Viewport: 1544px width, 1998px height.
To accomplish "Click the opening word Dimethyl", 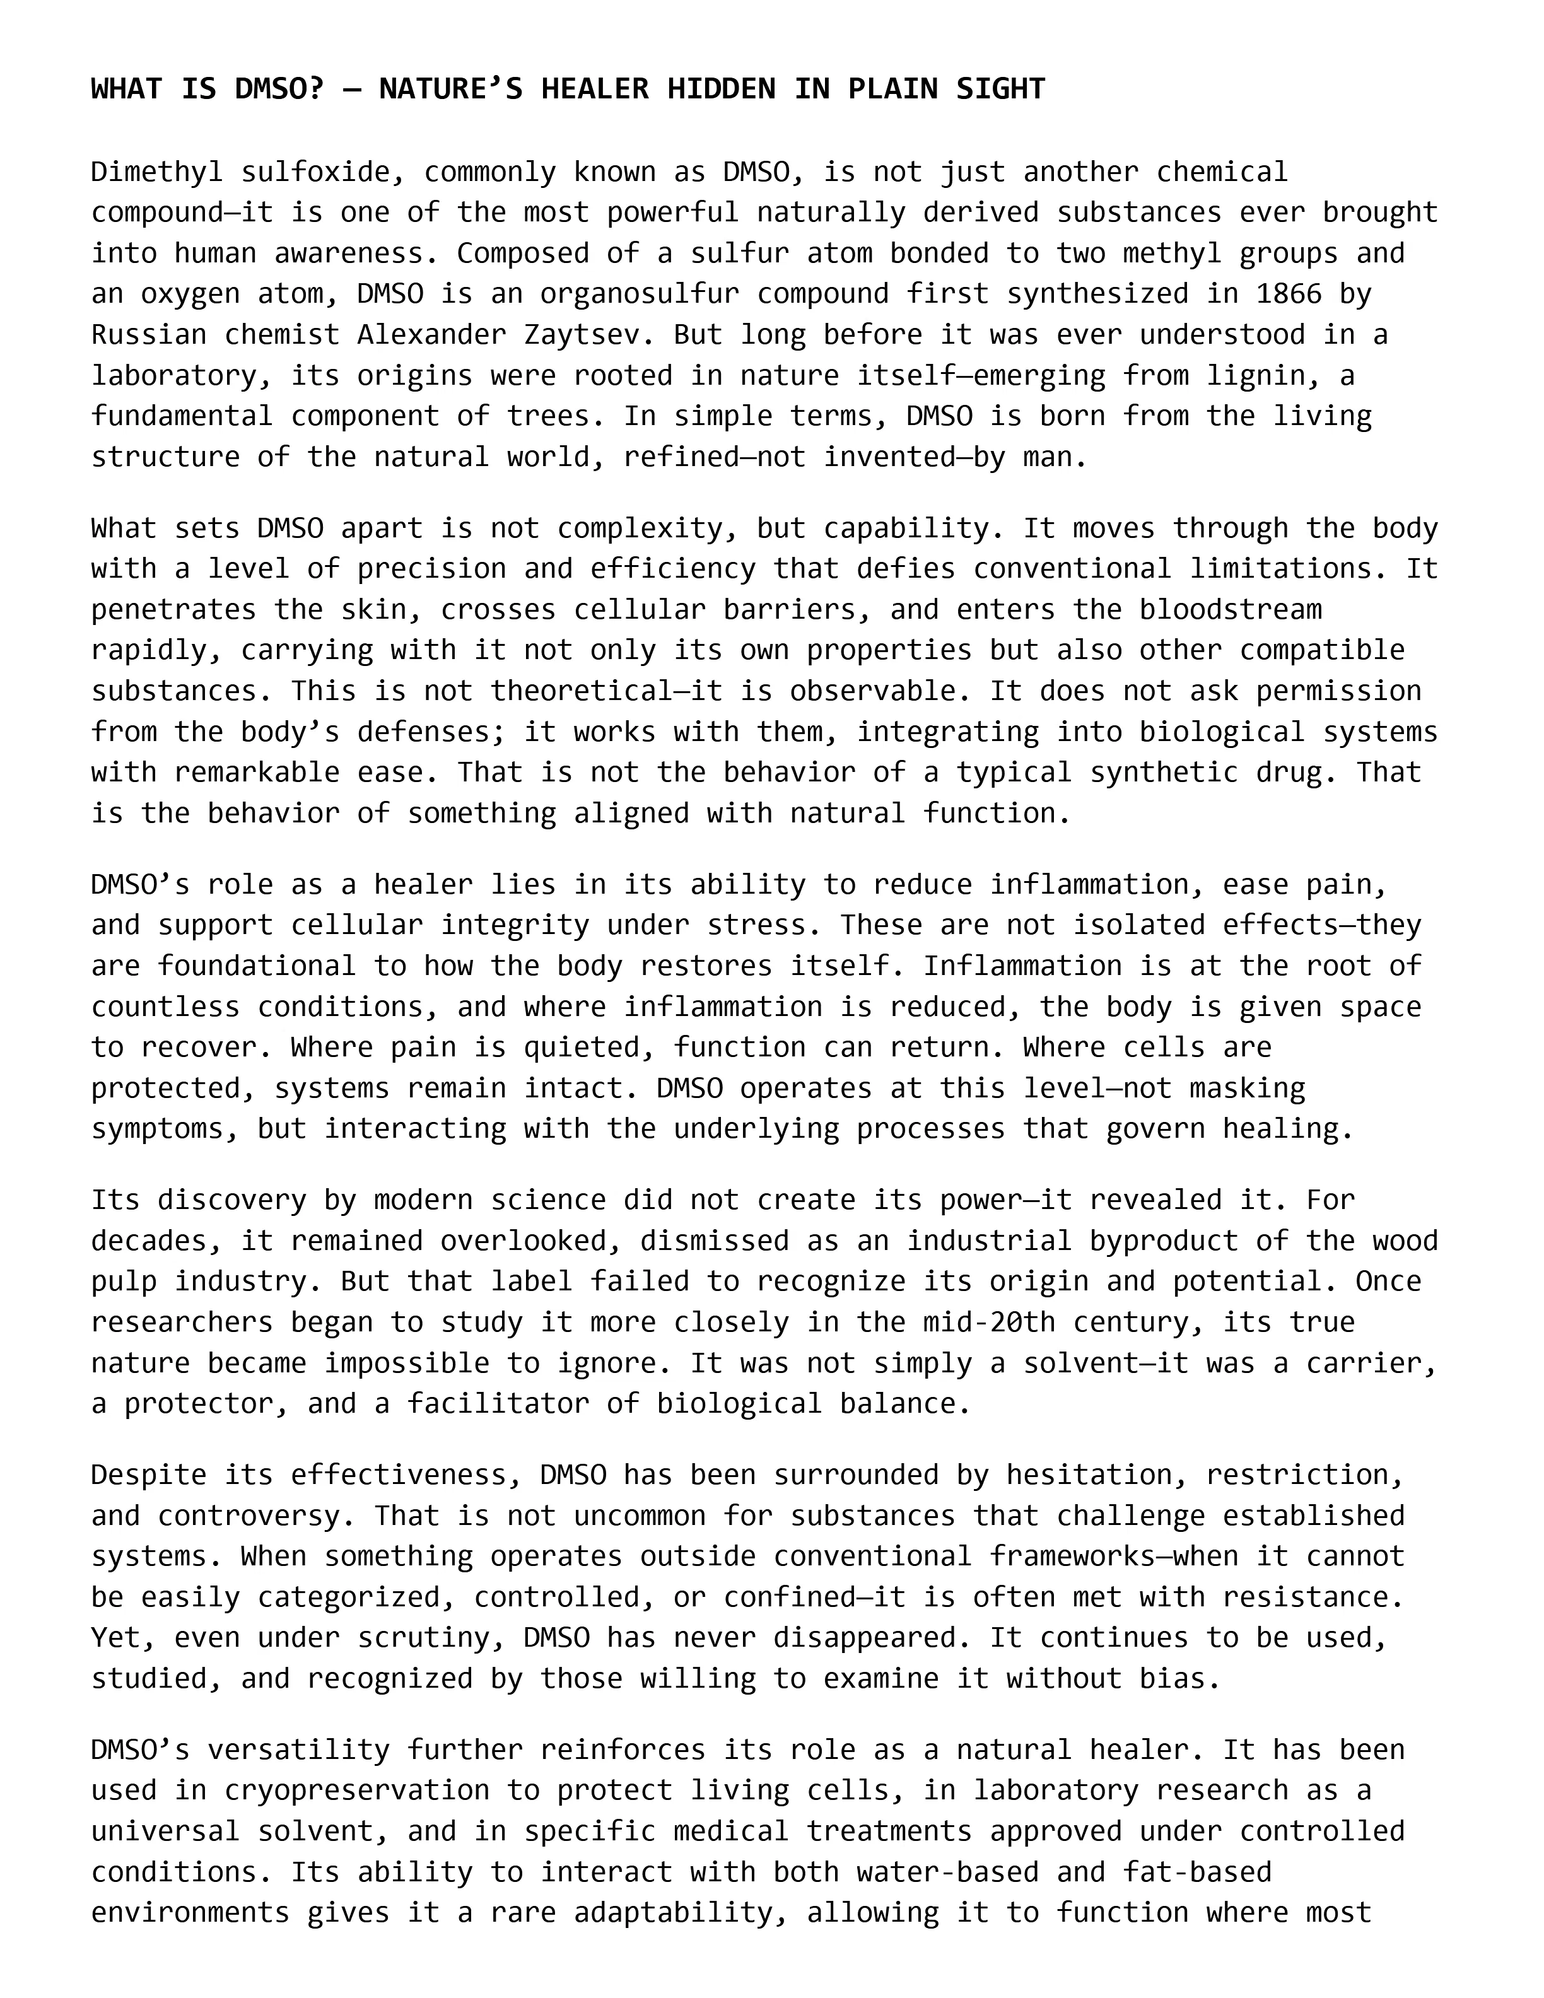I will coord(157,172).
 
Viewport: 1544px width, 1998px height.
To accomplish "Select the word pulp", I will coord(124,1281).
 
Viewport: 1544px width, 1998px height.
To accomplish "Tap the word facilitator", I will coord(498,1403).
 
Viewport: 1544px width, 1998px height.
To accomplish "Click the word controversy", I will coord(257,1516).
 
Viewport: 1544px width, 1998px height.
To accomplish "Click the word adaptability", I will coord(665,1912).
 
